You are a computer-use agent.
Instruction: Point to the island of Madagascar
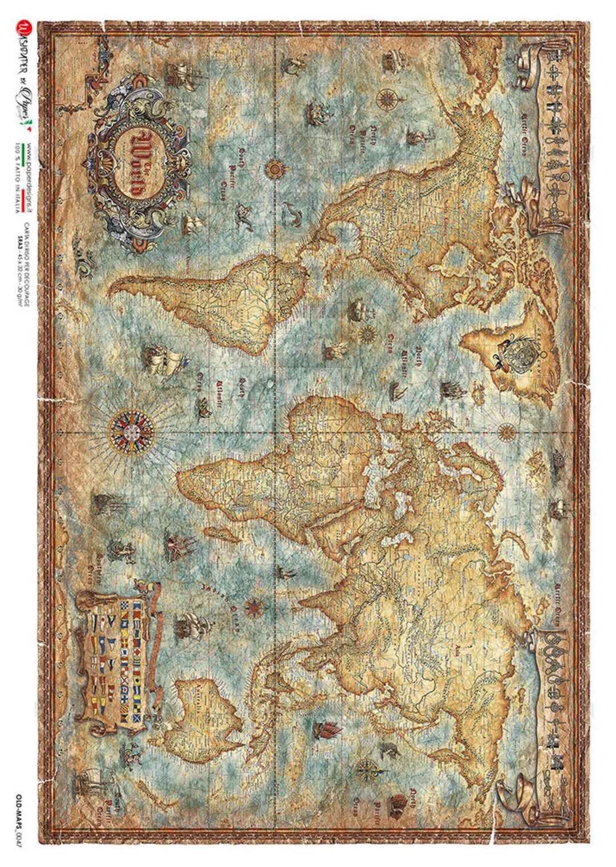pyautogui.click(x=228, y=533)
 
